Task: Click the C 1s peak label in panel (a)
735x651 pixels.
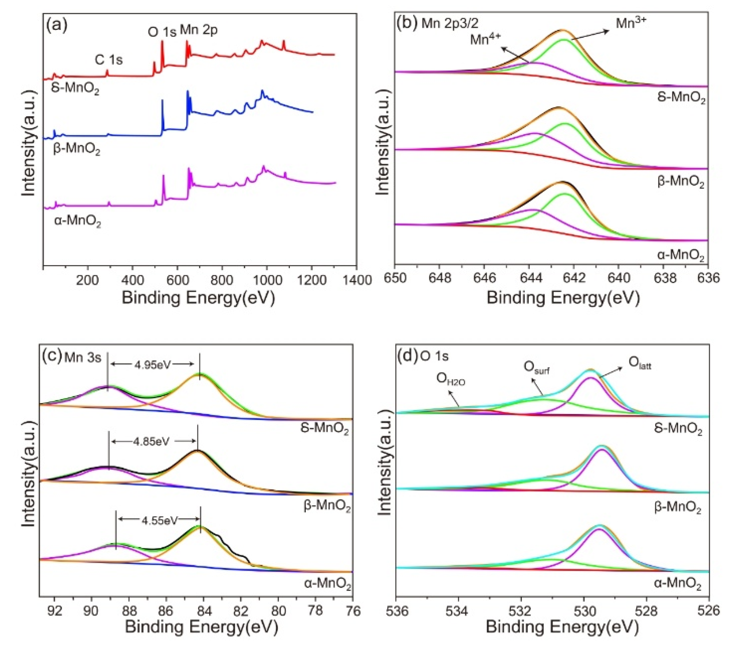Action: tap(109, 59)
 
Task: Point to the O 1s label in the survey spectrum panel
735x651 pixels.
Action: tap(162, 32)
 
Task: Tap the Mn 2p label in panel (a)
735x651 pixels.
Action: tap(199, 30)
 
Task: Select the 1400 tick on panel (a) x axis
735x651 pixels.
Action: tap(356, 280)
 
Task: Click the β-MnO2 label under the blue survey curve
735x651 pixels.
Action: tap(77, 149)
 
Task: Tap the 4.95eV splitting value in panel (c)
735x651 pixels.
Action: tap(152, 365)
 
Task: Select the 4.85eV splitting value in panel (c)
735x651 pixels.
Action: tap(151, 442)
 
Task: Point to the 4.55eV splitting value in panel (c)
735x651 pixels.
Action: tap(160, 521)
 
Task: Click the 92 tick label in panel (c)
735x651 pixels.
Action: tap(54, 611)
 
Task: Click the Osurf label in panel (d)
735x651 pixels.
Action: tap(536, 367)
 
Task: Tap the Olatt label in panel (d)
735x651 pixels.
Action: tap(640, 363)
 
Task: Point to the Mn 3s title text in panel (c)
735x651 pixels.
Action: tap(82, 357)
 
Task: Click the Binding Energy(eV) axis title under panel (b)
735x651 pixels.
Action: tap(563, 298)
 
